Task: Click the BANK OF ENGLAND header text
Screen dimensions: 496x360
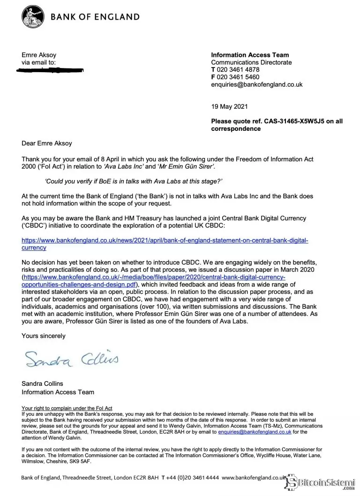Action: tap(95, 17)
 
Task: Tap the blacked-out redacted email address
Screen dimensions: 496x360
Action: tap(50, 70)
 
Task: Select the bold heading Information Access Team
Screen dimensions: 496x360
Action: tap(250, 55)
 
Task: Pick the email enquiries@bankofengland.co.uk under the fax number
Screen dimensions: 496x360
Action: tap(256, 85)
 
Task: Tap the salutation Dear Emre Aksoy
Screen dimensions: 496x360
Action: tap(46, 144)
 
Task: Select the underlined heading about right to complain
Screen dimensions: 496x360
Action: tap(67, 408)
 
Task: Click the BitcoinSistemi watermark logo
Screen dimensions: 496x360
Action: tap(323, 481)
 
